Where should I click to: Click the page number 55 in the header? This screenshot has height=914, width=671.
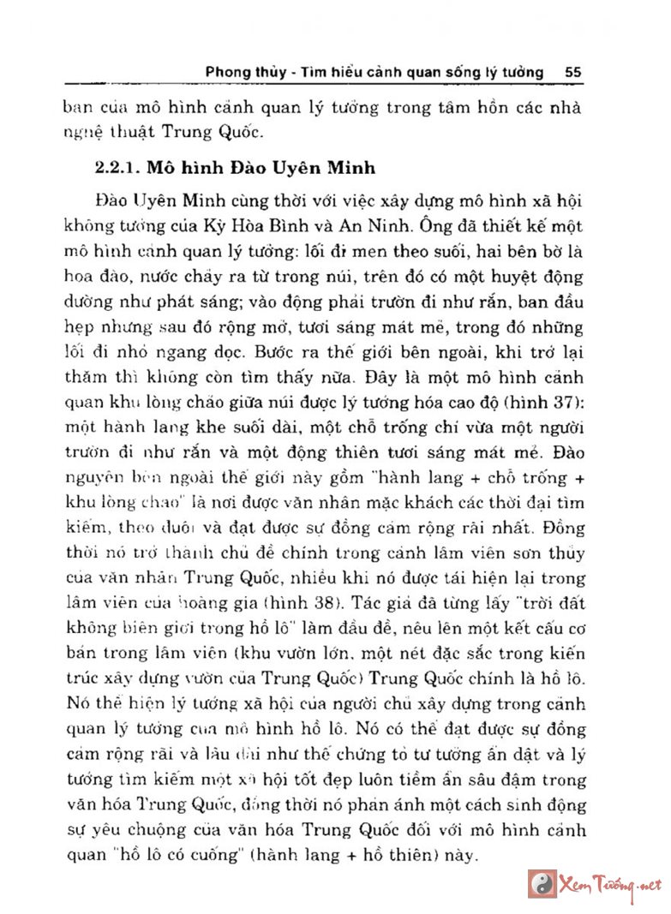coord(573,73)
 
